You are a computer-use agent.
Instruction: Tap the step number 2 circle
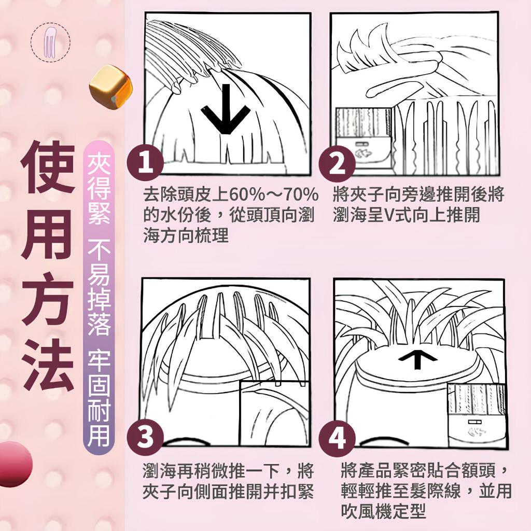pyautogui.click(x=337, y=164)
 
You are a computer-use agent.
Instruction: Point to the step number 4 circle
pyautogui.click(x=337, y=438)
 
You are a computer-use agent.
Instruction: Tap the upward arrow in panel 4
pyautogui.click(x=417, y=359)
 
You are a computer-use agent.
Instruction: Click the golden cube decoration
pyautogui.click(x=111, y=87)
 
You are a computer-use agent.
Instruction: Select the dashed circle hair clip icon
pyautogui.click(x=50, y=43)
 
